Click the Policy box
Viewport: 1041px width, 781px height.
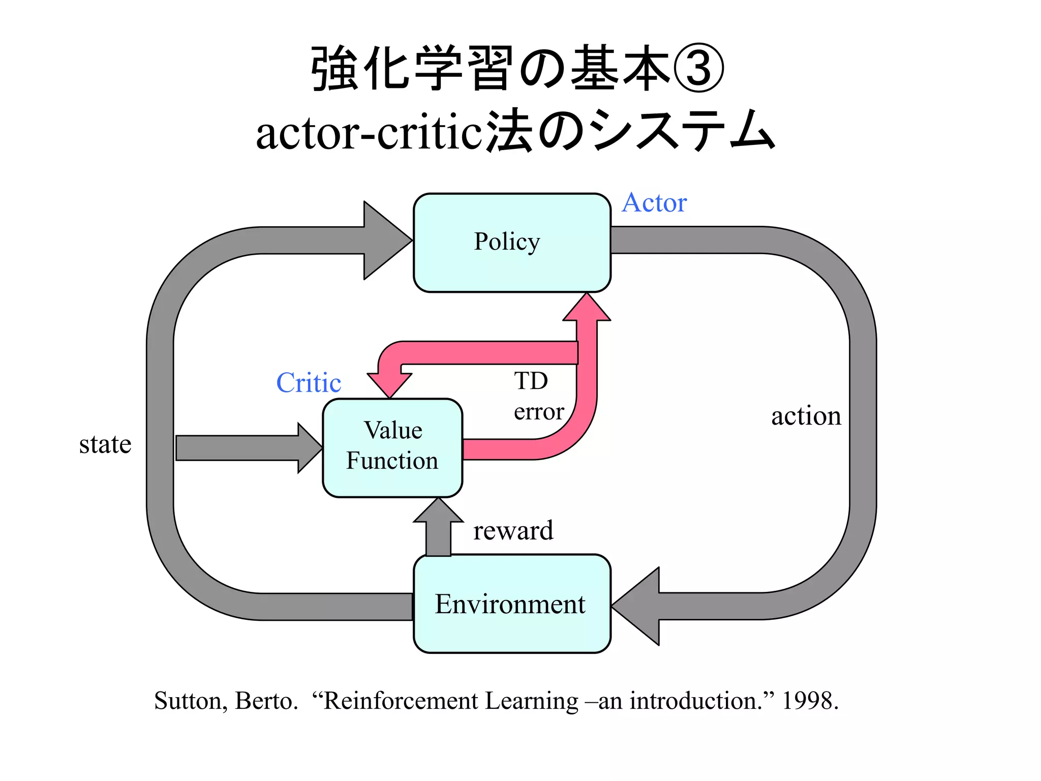(512, 243)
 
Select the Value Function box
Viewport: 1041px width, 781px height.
(392, 447)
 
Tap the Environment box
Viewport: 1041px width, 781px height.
(512, 604)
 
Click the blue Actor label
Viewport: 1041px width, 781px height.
(654, 202)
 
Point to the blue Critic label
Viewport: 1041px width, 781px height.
(309, 382)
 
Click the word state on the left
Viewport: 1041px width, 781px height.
(105, 444)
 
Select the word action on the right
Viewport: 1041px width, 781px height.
(806, 415)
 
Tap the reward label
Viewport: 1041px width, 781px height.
(513, 530)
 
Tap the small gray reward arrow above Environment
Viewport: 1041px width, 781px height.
(438, 529)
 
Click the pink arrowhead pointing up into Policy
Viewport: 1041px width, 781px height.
(587, 309)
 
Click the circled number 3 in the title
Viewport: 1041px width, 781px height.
(698, 69)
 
